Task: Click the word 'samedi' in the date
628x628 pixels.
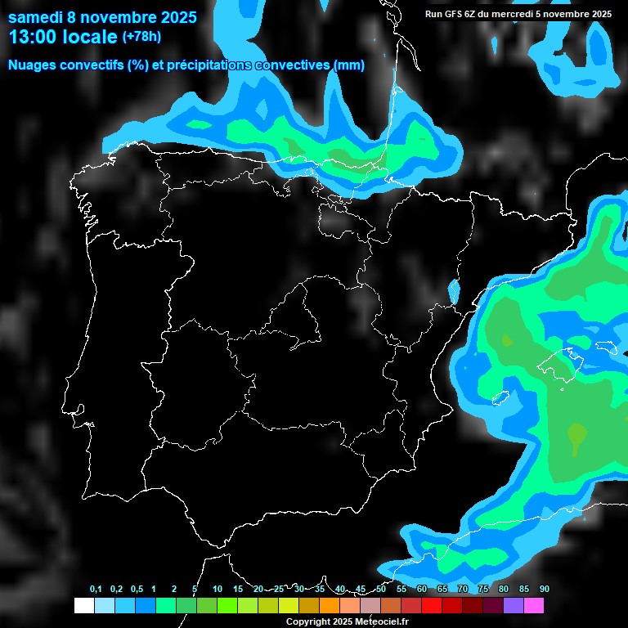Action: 34,16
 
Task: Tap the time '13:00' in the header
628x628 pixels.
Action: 34,37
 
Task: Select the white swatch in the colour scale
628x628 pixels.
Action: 83,606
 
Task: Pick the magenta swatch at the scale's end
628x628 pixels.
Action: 534,606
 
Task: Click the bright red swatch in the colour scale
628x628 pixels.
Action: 432,606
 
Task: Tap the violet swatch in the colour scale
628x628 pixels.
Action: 514,606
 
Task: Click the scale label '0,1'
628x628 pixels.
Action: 96,590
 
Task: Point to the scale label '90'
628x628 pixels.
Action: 545,590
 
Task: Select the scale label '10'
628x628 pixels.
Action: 218,590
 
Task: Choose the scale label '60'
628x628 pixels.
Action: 422,590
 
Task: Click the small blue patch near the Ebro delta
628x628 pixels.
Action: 454,289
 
